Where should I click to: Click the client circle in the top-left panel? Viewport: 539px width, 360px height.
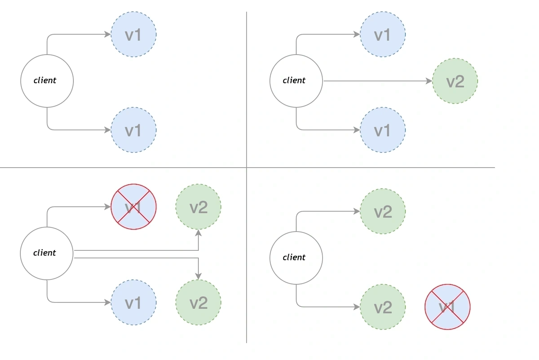pos(47,81)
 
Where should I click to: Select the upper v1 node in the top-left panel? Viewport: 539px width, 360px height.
pos(133,34)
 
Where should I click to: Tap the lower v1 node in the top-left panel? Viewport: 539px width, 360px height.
pos(133,130)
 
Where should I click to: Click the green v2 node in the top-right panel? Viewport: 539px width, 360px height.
pos(455,81)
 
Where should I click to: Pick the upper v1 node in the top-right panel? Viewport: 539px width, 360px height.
pos(382,34)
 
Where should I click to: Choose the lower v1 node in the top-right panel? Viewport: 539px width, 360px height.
pos(382,130)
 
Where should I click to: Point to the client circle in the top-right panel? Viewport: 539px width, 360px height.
pos(296,81)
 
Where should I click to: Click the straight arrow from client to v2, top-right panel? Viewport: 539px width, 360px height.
pos(377,81)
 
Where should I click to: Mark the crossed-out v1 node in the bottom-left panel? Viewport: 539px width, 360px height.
pos(133,207)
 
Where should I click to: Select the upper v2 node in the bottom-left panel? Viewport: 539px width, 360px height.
pos(198,207)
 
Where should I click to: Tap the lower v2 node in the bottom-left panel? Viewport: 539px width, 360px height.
pos(198,302)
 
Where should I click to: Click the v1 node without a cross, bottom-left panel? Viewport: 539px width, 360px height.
pos(133,302)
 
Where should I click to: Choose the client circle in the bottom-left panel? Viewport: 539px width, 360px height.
pos(47,253)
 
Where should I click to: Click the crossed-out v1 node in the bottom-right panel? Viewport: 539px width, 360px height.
pos(447,307)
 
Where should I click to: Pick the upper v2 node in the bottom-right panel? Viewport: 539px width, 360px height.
pos(382,211)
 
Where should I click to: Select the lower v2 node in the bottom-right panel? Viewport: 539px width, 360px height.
pos(382,307)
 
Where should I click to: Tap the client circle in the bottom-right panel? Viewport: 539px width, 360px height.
pos(296,258)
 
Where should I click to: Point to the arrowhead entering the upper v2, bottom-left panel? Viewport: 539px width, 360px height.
pos(198,233)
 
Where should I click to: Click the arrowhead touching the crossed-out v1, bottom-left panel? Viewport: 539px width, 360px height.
pos(108,207)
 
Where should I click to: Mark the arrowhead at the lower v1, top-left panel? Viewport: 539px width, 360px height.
pos(108,130)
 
